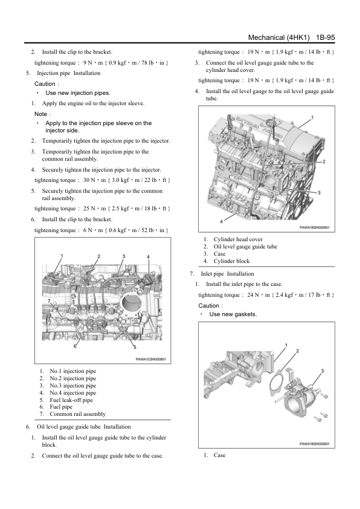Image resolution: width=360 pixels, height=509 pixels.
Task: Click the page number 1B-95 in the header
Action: point(326,37)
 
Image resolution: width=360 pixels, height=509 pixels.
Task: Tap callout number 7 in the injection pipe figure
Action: point(50,301)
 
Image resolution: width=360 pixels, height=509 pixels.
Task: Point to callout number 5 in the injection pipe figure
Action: point(135,348)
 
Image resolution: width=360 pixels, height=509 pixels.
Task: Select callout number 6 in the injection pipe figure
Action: point(75,346)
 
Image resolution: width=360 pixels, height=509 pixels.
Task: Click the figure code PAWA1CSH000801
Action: point(150,359)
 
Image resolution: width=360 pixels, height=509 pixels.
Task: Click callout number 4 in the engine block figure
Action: point(221,221)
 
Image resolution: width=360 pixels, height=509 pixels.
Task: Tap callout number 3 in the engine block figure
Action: point(319,192)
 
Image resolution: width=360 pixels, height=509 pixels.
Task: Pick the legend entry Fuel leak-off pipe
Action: point(71,400)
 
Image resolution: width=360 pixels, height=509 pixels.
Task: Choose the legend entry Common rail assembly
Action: point(77,414)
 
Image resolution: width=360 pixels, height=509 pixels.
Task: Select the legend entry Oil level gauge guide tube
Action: point(245,247)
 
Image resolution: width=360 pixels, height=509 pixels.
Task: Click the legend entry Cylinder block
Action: point(231,261)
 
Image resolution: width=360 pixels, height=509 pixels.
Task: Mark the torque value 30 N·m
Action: point(95,180)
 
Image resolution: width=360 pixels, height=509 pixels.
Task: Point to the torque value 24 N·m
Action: point(259,295)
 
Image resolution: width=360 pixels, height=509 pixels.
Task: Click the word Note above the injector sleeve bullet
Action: point(40,114)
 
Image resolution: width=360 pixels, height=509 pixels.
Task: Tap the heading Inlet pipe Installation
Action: point(227,274)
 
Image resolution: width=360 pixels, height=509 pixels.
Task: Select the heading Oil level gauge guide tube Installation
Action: point(84,427)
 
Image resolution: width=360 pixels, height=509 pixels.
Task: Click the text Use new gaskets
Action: point(233,314)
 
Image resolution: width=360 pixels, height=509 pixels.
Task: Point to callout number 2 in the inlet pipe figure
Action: point(297,351)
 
